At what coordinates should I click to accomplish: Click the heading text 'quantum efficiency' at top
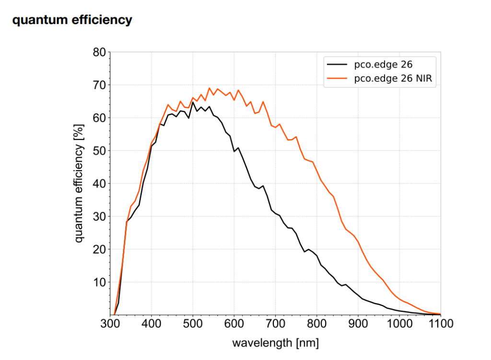tap(72, 20)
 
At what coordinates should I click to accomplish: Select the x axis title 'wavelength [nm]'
tap(275, 343)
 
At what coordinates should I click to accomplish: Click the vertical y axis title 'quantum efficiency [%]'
tap(80, 184)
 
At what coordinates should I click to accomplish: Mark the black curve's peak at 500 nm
tap(193, 102)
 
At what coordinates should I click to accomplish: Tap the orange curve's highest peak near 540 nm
tap(209, 88)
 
